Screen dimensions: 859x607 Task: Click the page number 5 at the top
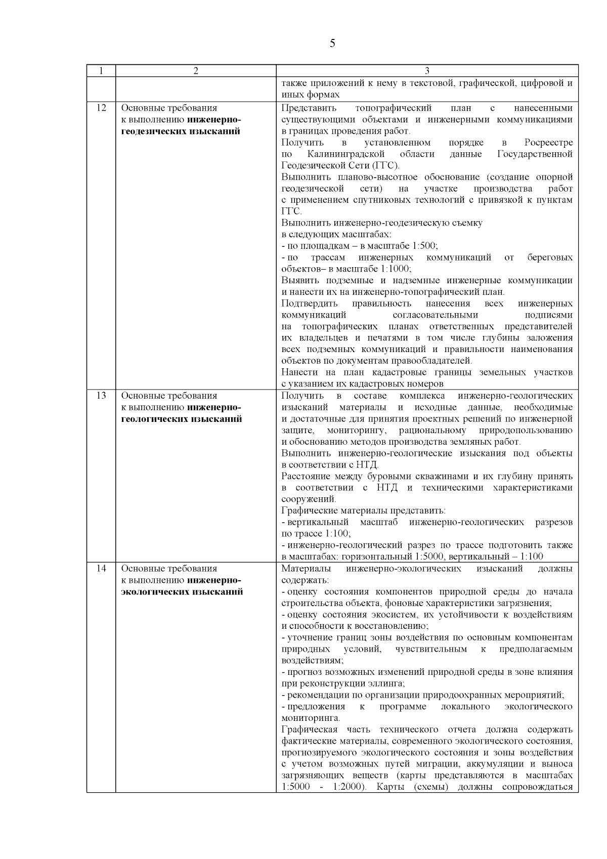(x=332, y=43)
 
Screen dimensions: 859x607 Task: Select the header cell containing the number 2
(x=196, y=71)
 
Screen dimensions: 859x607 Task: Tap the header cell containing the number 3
(x=427, y=71)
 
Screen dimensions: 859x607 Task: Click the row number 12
(x=101, y=108)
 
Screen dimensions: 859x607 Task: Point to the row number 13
(x=101, y=396)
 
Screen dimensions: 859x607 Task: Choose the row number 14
(x=101, y=569)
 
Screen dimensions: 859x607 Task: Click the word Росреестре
(x=548, y=143)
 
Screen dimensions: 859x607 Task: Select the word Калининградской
(x=346, y=154)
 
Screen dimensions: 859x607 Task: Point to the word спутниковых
(x=376, y=200)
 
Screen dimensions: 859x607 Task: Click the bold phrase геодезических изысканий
(x=181, y=132)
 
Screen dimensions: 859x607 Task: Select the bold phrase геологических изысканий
(x=181, y=419)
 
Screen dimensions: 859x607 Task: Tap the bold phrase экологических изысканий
(x=182, y=592)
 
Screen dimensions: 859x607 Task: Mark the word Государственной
(x=535, y=154)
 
